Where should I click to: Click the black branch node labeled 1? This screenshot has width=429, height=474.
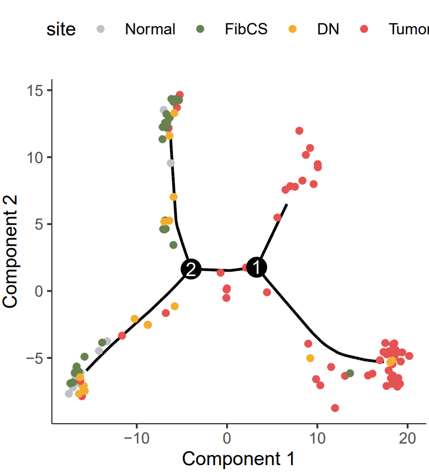click(256, 267)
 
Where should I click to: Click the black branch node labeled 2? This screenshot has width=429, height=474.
click(191, 269)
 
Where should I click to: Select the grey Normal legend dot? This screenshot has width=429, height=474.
click(100, 29)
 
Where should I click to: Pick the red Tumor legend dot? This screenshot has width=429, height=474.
click(364, 29)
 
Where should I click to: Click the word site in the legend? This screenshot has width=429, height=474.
click(61, 29)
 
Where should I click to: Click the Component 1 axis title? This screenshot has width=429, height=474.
click(238, 459)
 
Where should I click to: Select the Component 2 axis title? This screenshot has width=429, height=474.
click(12, 255)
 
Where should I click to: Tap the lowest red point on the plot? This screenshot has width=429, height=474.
click(335, 408)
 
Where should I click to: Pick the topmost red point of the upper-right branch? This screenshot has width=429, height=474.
click(299, 131)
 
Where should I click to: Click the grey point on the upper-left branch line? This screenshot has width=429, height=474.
click(171, 163)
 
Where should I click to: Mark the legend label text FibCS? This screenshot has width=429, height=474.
click(246, 29)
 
